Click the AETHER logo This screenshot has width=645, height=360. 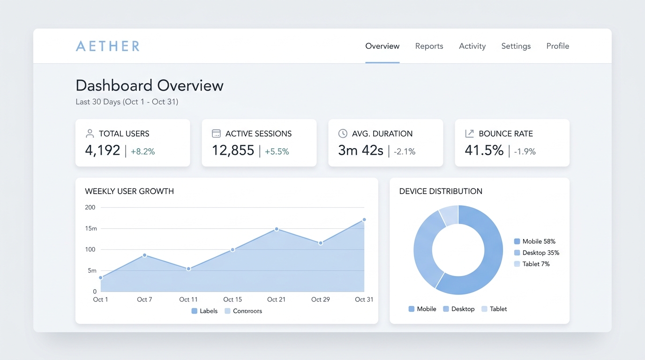(108, 46)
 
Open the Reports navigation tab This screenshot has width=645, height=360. (429, 46)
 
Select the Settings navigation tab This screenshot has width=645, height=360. (516, 46)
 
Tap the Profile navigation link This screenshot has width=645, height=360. (558, 46)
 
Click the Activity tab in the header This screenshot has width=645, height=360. (472, 46)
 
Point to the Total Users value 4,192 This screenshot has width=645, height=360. (103, 150)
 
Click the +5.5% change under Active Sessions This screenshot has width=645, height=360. (277, 151)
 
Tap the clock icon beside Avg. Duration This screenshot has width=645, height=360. (343, 133)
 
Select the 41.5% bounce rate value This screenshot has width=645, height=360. (484, 150)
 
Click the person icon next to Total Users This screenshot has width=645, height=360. (90, 133)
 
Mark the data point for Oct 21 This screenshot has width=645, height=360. (277, 229)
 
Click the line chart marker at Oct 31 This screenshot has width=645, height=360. (364, 220)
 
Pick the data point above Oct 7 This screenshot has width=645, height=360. (144, 255)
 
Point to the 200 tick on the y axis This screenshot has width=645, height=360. (90, 207)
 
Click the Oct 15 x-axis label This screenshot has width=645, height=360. (232, 300)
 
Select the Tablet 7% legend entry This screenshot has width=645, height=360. (532, 264)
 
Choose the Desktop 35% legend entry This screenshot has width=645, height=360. (536, 253)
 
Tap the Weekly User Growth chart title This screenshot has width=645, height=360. (129, 191)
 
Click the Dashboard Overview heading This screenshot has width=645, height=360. (150, 85)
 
